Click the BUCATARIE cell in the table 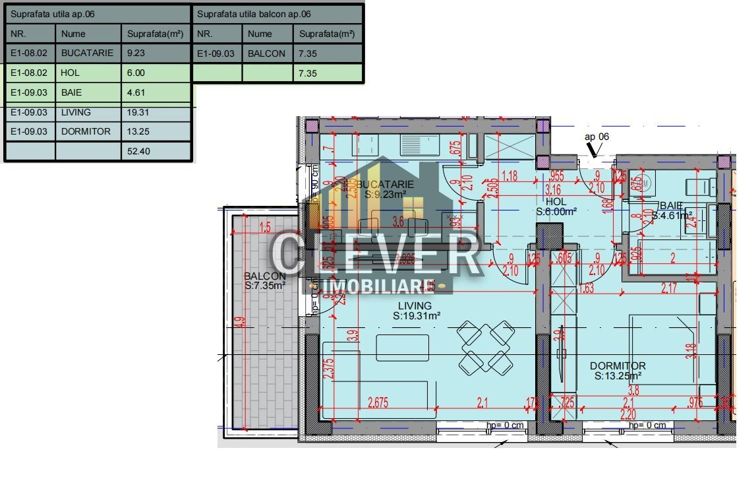coord(87,53)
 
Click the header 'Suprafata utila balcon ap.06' coord(254,14)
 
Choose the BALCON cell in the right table coord(267,53)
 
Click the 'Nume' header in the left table coord(73,34)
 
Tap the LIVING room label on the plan coord(415,306)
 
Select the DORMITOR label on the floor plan coord(618,366)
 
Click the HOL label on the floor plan coord(556,202)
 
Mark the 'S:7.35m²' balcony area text coord(265,286)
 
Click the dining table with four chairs coord(486,345)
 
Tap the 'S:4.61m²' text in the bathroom coord(672,215)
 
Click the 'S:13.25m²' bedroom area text coord(618,376)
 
